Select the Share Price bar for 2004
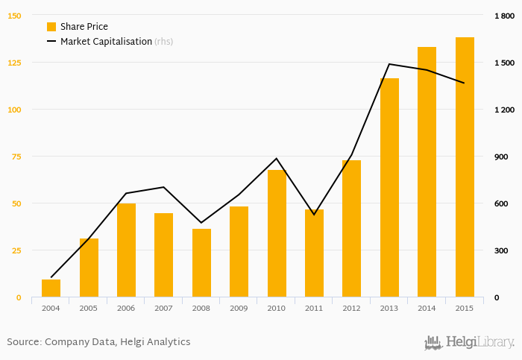[x=51, y=288]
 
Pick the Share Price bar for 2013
[x=389, y=188]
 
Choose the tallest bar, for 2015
[x=465, y=168]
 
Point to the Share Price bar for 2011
[x=314, y=253]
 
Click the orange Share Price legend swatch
[x=51, y=27]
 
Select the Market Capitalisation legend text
[x=106, y=42]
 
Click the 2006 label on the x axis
[x=126, y=308]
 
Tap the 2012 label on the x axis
[x=352, y=308]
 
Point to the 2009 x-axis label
[x=239, y=308]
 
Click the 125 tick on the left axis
[x=15, y=63]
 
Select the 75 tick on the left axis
[x=16, y=157]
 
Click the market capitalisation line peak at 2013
[x=389, y=64]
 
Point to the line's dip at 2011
[x=314, y=215]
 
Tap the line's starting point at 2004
[x=51, y=278]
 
